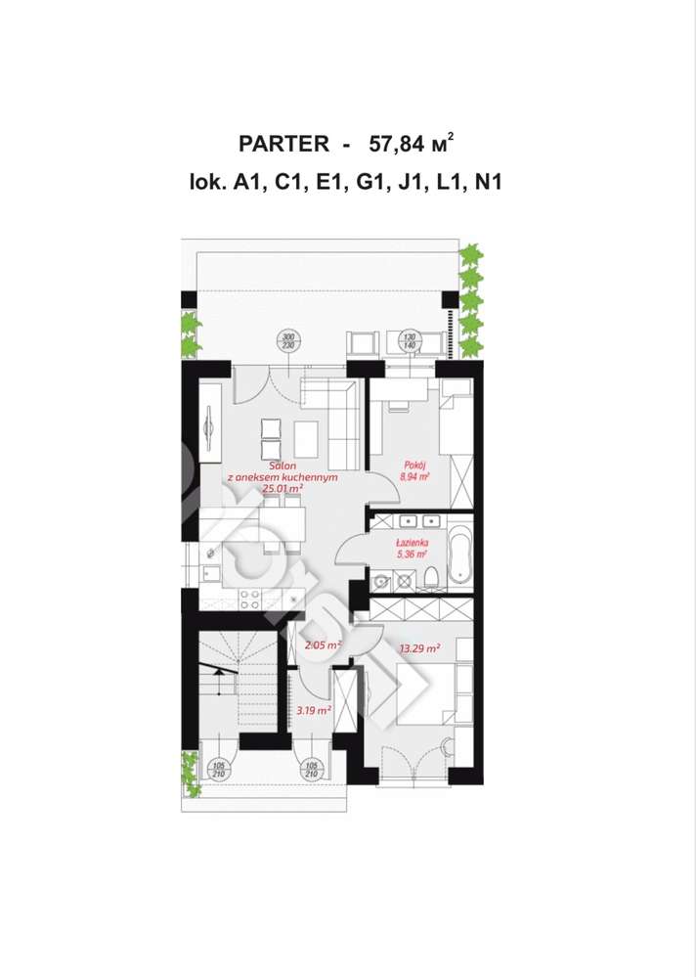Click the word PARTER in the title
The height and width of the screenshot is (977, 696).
pos(283,144)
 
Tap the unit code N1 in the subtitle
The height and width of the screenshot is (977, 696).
pos(486,181)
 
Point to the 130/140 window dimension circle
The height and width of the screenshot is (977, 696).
pos(411,341)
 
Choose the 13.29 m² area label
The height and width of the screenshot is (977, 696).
pos(419,647)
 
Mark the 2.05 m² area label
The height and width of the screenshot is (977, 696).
pos(322,645)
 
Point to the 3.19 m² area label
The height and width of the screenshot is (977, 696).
pos(313,710)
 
